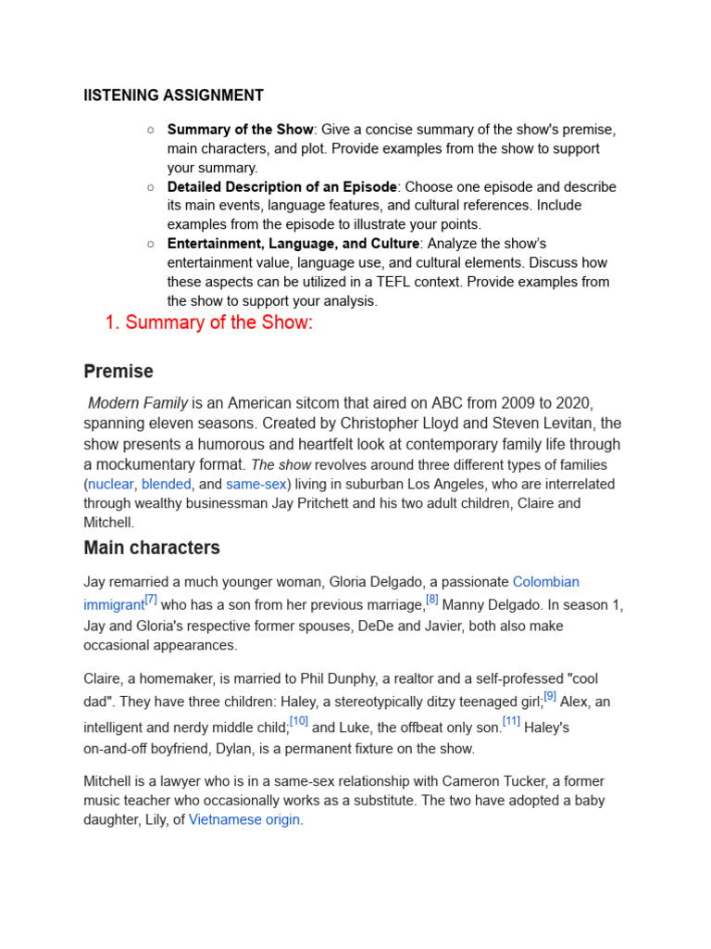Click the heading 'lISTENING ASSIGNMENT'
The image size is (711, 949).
(x=173, y=95)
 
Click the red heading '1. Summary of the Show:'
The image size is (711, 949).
(x=208, y=323)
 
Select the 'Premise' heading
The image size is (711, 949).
(x=118, y=372)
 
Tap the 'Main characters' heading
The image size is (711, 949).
(x=152, y=548)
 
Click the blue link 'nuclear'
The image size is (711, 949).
(x=111, y=484)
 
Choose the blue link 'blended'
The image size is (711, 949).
(x=166, y=484)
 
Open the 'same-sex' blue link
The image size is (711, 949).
(x=256, y=484)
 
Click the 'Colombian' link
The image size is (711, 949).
(x=545, y=582)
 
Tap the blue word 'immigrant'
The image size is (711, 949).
(x=114, y=605)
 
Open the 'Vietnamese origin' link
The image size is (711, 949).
(x=244, y=820)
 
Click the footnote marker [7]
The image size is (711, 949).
(x=151, y=600)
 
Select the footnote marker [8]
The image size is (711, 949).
(x=431, y=600)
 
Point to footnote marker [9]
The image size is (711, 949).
(x=550, y=696)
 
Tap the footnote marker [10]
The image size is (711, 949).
(x=298, y=721)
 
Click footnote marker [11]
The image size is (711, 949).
(x=511, y=721)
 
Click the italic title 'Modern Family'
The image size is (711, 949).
(x=138, y=403)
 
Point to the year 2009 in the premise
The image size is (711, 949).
(x=488, y=403)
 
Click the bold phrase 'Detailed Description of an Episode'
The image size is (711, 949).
(x=282, y=186)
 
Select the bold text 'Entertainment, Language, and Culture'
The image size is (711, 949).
(x=293, y=244)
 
